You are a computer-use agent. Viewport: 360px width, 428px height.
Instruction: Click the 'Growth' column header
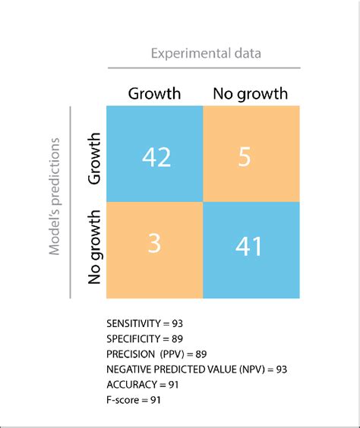[155, 94]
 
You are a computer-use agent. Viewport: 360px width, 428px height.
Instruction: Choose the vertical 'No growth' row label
[95, 247]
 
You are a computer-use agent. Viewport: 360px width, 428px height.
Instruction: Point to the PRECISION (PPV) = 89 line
[157, 354]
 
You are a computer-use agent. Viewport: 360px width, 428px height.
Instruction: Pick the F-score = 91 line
[134, 399]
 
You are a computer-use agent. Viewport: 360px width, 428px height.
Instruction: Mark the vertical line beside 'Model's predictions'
[71, 203]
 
